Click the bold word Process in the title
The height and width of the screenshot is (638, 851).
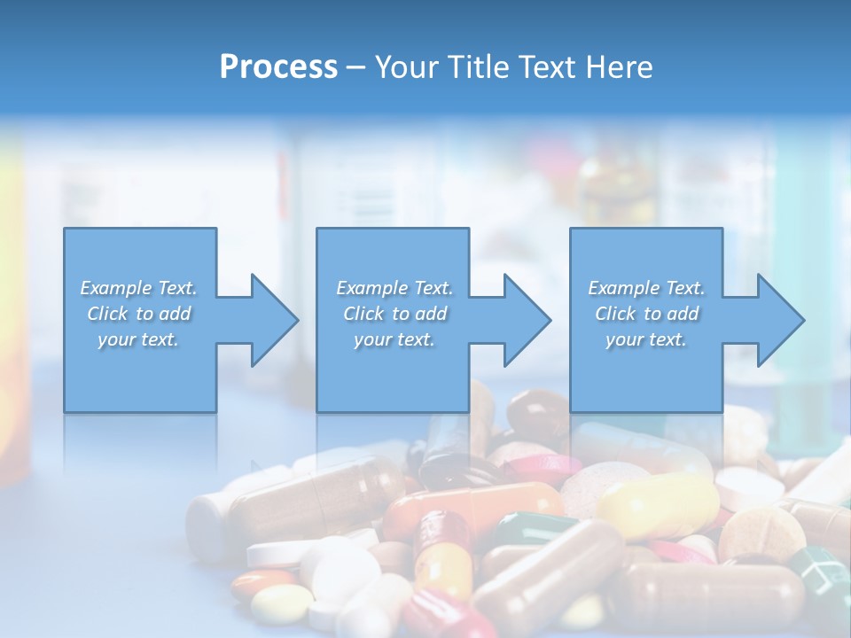(x=278, y=67)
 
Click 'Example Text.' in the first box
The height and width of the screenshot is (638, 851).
(x=138, y=288)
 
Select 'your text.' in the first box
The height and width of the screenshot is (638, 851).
(x=138, y=339)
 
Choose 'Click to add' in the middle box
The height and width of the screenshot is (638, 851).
(x=394, y=314)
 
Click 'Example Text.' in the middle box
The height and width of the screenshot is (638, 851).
(x=394, y=288)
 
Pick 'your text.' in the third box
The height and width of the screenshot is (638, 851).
(x=646, y=339)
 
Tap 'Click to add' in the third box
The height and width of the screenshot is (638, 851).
(x=646, y=314)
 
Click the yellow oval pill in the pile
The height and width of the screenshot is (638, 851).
(x=656, y=505)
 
